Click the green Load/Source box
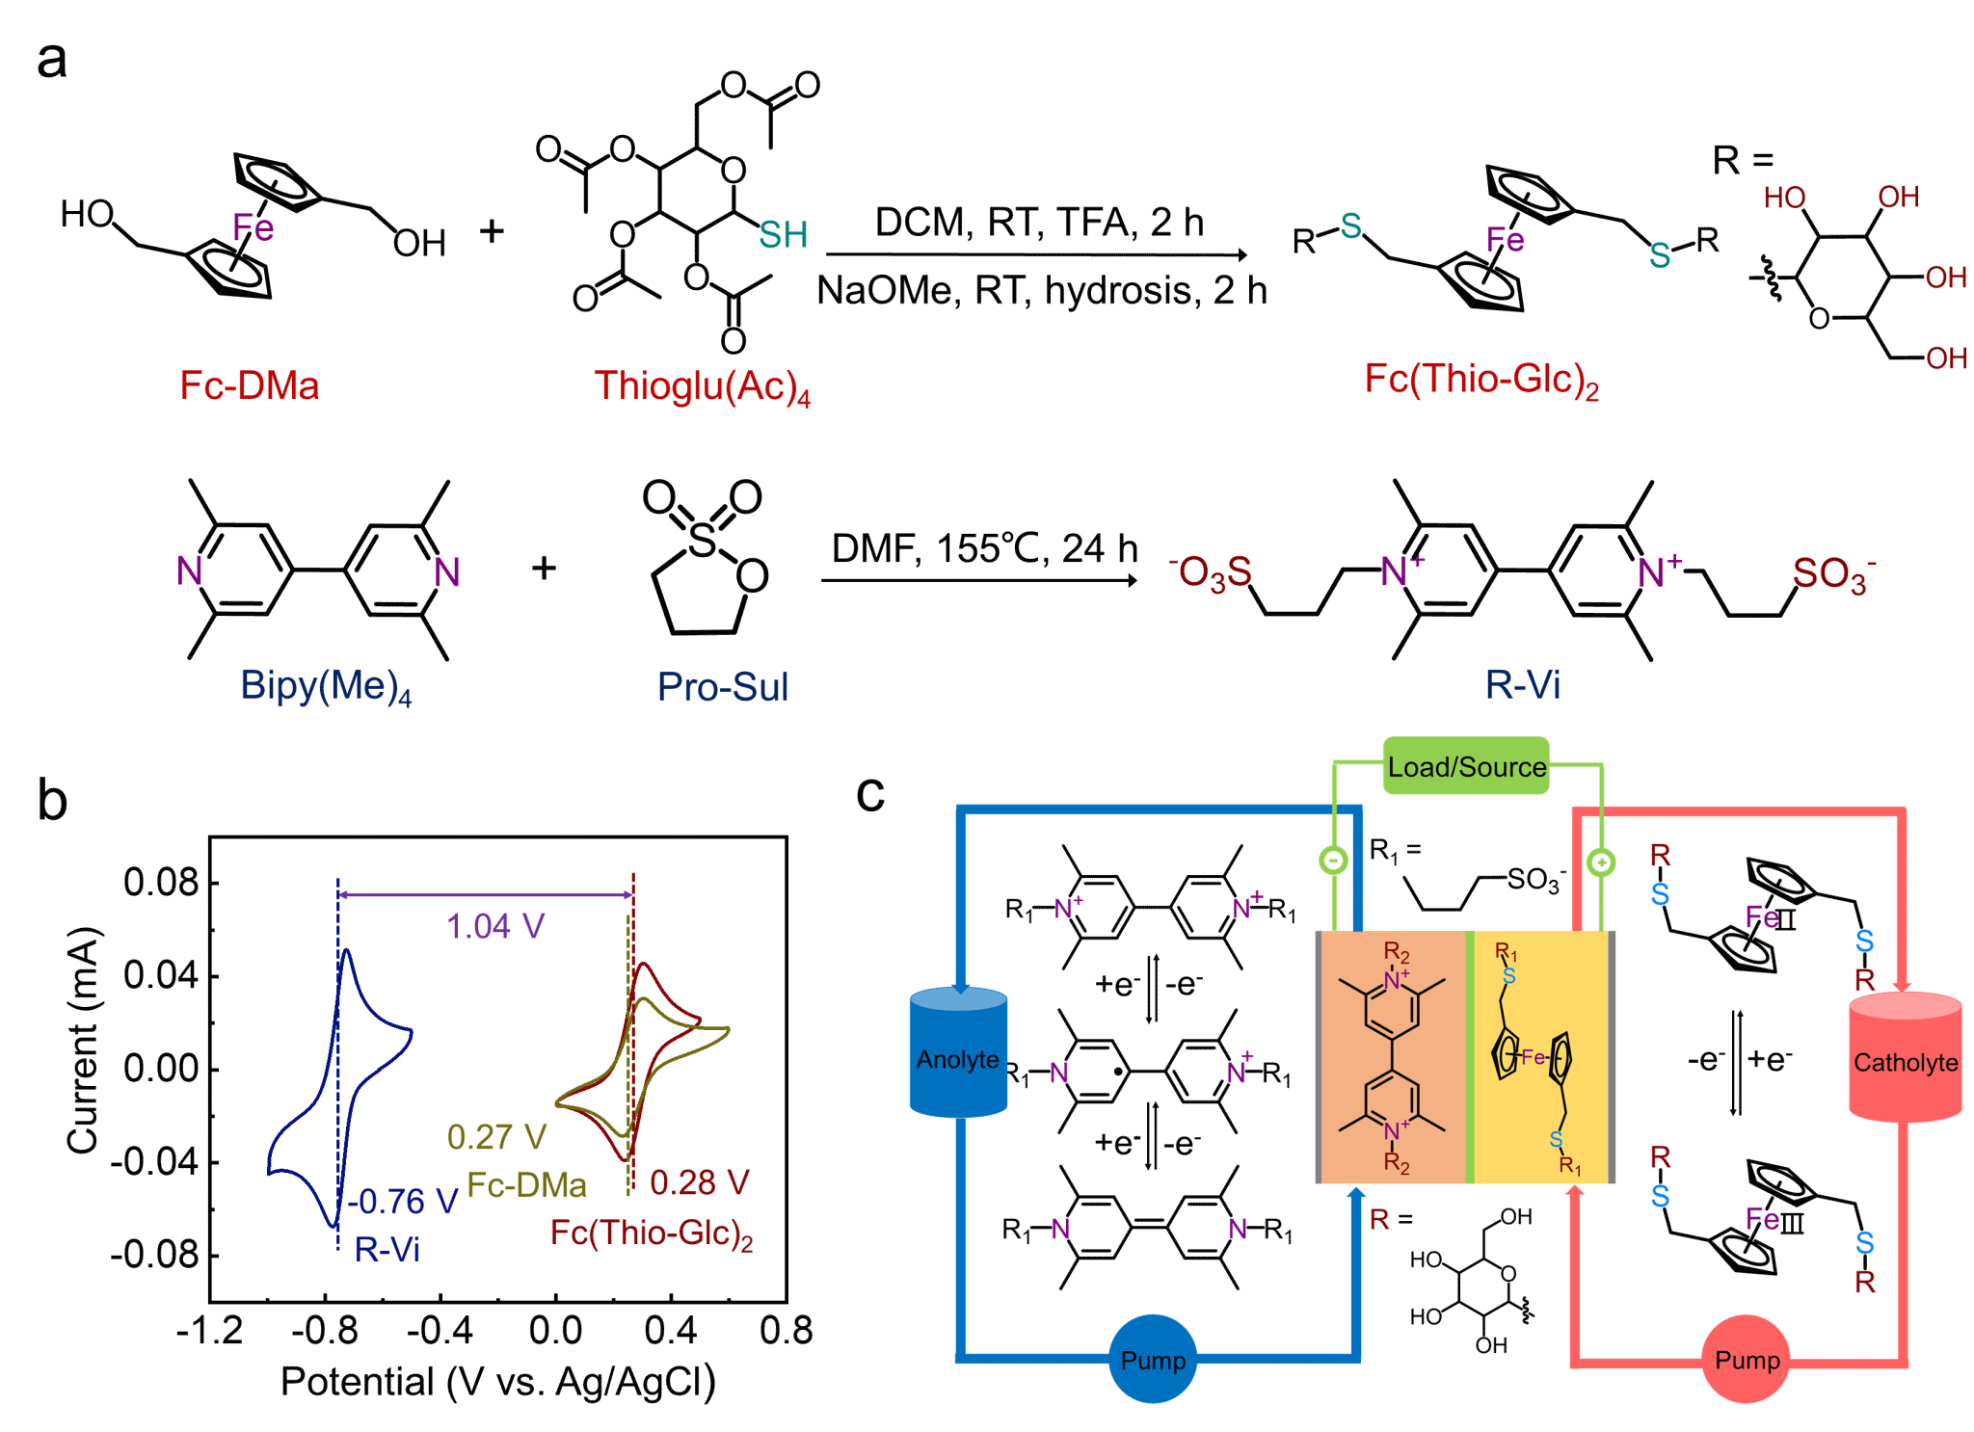click(x=1466, y=766)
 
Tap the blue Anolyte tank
click(x=958, y=1055)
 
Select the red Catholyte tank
click(x=1906, y=1060)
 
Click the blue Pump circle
click(x=1153, y=1359)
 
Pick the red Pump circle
click(x=1747, y=1360)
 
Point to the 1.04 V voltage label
click(x=495, y=926)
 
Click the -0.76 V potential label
click(x=402, y=1201)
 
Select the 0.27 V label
click(x=496, y=1137)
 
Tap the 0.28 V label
click(x=699, y=1182)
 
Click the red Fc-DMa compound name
click(x=250, y=385)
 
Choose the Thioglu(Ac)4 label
click(x=702, y=386)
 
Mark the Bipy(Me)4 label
click(x=326, y=686)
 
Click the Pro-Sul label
click(x=723, y=687)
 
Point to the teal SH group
click(x=783, y=235)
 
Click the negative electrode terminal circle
click(x=1333, y=860)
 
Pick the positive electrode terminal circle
click(x=1601, y=862)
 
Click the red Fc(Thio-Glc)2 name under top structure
click(x=1481, y=380)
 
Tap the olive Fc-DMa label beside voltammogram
click(x=526, y=1185)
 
